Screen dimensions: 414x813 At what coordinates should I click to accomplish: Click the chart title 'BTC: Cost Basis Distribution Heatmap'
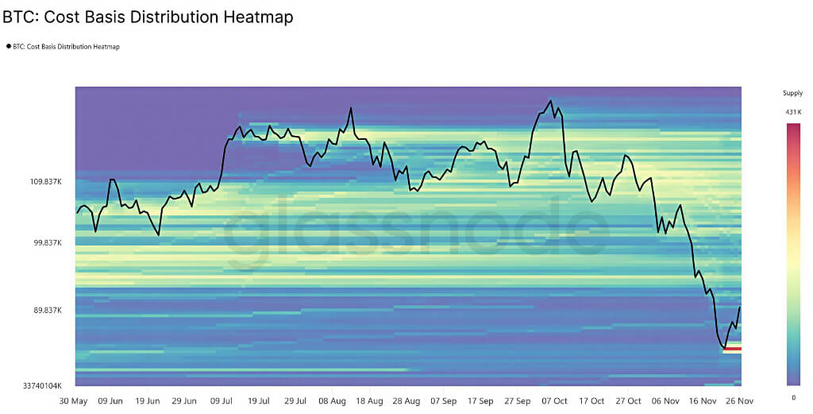pyautogui.click(x=148, y=16)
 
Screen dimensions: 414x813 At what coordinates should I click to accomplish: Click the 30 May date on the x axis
pyautogui.click(x=75, y=401)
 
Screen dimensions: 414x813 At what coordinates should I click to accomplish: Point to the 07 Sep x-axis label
pyautogui.click(x=444, y=401)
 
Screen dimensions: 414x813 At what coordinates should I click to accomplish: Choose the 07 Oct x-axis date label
pyautogui.click(x=554, y=401)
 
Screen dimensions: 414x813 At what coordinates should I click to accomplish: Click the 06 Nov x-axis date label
pyautogui.click(x=666, y=401)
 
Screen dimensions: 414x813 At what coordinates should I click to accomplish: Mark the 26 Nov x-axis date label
pyautogui.click(x=739, y=401)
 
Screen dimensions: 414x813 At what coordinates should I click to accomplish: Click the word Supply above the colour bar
pyautogui.click(x=793, y=93)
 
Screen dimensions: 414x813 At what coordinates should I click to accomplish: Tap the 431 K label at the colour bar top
pyautogui.click(x=793, y=112)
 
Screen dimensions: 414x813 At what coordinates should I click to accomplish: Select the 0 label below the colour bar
pyautogui.click(x=793, y=397)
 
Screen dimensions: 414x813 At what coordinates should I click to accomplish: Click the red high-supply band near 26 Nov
pyautogui.click(x=731, y=349)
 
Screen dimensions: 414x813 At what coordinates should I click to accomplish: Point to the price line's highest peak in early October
pyautogui.click(x=549, y=100)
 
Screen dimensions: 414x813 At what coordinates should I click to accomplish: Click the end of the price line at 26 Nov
pyautogui.click(x=740, y=308)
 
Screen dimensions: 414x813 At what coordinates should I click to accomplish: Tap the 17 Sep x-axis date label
pyautogui.click(x=481, y=401)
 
